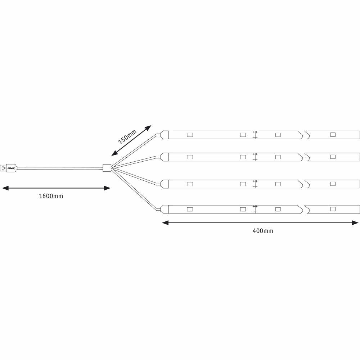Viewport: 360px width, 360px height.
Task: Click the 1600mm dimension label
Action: (51, 196)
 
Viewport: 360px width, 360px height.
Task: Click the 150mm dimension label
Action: (127, 136)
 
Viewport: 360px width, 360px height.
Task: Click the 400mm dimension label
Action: (263, 231)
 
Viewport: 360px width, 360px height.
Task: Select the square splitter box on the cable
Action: (107, 168)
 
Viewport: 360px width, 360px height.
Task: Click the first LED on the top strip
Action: (190, 135)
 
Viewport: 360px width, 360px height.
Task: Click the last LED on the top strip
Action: (333, 135)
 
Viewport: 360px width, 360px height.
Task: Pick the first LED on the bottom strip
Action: (190, 210)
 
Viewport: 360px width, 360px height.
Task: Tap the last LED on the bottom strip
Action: (333, 209)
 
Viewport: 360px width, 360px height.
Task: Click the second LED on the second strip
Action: (243, 157)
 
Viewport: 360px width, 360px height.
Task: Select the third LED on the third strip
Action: (278, 184)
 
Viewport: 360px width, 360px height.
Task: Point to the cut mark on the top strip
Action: (255, 135)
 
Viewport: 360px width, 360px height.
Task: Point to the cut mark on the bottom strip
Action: (255, 209)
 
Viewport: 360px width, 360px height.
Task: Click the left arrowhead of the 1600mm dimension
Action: (5, 188)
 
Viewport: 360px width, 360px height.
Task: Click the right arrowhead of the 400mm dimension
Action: (355, 223)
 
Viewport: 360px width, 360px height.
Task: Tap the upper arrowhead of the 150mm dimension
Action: (148, 128)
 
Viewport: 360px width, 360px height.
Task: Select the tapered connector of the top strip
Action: (164, 135)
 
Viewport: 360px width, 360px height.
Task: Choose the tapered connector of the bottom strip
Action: (164, 210)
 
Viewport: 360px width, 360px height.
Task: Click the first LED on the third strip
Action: (190, 184)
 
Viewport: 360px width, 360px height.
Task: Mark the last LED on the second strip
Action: (333, 157)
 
